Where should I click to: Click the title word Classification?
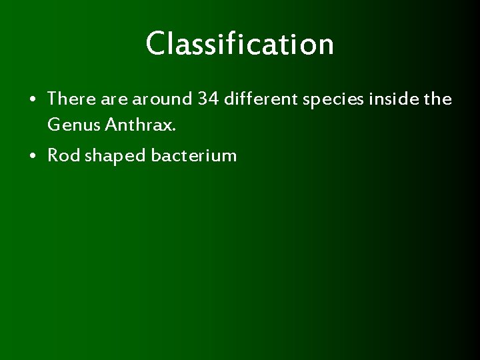(x=240, y=44)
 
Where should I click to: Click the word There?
(x=72, y=99)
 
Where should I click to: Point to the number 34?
(x=208, y=99)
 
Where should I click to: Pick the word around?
(x=162, y=99)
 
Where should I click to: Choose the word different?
(x=260, y=99)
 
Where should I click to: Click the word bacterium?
(x=193, y=156)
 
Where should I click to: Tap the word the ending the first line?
(x=438, y=99)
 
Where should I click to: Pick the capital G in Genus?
(x=54, y=124)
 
